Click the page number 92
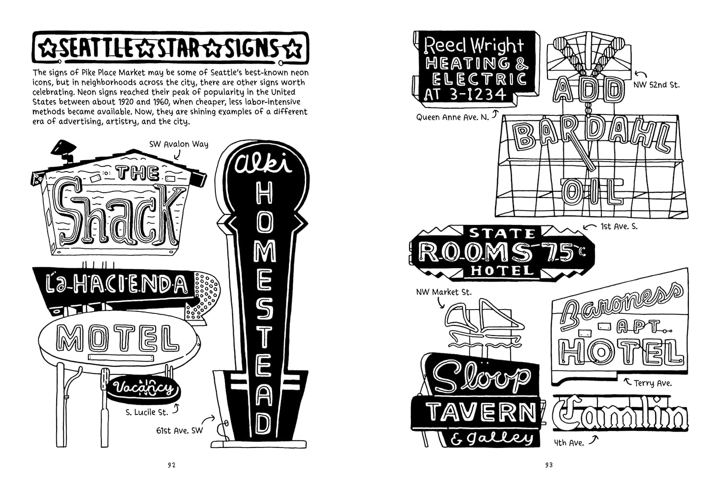[172, 465]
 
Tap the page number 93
[549, 465]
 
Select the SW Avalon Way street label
[179, 144]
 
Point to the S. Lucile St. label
[147, 412]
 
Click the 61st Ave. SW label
[180, 431]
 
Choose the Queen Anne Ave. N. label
[453, 117]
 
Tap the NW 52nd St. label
[657, 85]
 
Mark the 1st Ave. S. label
[619, 226]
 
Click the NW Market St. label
[444, 292]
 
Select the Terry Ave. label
[653, 384]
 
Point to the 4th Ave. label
[569, 443]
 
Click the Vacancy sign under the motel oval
[144, 389]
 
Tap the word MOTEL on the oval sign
[118, 338]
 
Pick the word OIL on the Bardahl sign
[592, 192]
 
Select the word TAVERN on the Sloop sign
[482, 412]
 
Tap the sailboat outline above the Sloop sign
[483, 324]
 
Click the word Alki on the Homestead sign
[263, 164]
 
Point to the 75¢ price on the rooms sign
[563, 251]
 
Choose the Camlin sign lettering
[620, 414]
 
